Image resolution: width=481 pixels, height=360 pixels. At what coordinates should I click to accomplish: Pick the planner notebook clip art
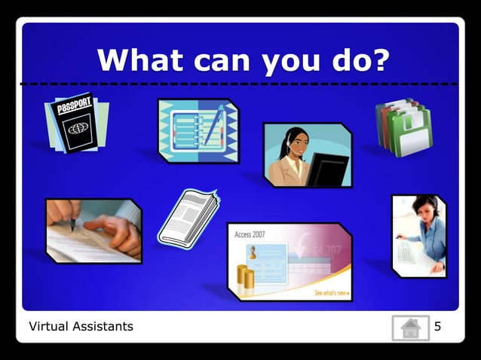click(198, 130)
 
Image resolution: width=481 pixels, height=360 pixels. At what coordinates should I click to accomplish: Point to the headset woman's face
click(295, 142)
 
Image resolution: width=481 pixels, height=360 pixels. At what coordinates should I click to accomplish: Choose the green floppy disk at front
click(412, 134)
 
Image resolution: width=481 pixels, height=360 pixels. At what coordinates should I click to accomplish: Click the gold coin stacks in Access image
click(246, 276)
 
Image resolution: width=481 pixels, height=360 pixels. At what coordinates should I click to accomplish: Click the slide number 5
click(437, 327)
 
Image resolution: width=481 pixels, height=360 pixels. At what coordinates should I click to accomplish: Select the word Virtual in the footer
click(48, 327)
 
